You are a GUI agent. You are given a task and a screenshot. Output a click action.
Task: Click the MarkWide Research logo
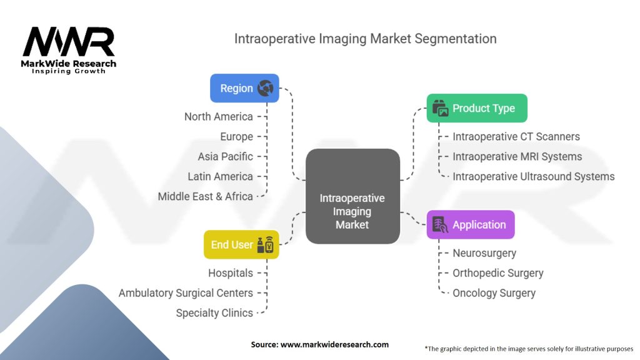(x=69, y=50)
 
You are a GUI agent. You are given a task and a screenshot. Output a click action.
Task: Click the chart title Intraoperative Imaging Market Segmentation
(x=365, y=39)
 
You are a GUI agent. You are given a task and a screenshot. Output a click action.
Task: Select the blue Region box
(x=244, y=88)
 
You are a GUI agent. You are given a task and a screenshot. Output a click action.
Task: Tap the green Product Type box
(x=477, y=108)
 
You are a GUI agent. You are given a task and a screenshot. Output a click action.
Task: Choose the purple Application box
(x=470, y=225)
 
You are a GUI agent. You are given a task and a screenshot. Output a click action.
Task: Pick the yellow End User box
(x=241, y=244)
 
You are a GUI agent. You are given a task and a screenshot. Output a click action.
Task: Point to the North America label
(x=219, y=117)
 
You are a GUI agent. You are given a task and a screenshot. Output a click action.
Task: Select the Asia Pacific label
(x=226, y=156)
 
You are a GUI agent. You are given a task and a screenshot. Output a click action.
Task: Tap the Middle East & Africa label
(x=206, y=196)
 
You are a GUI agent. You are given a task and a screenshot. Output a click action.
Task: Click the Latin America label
(x=220, y=176)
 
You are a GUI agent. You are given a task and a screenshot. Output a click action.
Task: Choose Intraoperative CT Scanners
(x=516, y=136)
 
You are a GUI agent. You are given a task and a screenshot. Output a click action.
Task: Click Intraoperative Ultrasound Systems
(x=534, y=176)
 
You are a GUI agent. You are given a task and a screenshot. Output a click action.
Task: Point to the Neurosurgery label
(x=484, y=253)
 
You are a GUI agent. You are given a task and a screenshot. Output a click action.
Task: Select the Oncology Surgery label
(x=494, y=292)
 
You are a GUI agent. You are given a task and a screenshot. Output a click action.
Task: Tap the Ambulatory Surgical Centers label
(x=186, y=292)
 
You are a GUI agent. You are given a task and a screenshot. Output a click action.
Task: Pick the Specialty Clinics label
(x=214, y=312)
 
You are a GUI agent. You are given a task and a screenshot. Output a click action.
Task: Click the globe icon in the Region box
(x=266, y=88)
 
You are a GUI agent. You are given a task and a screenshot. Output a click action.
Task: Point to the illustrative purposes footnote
(x=529, y=348)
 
